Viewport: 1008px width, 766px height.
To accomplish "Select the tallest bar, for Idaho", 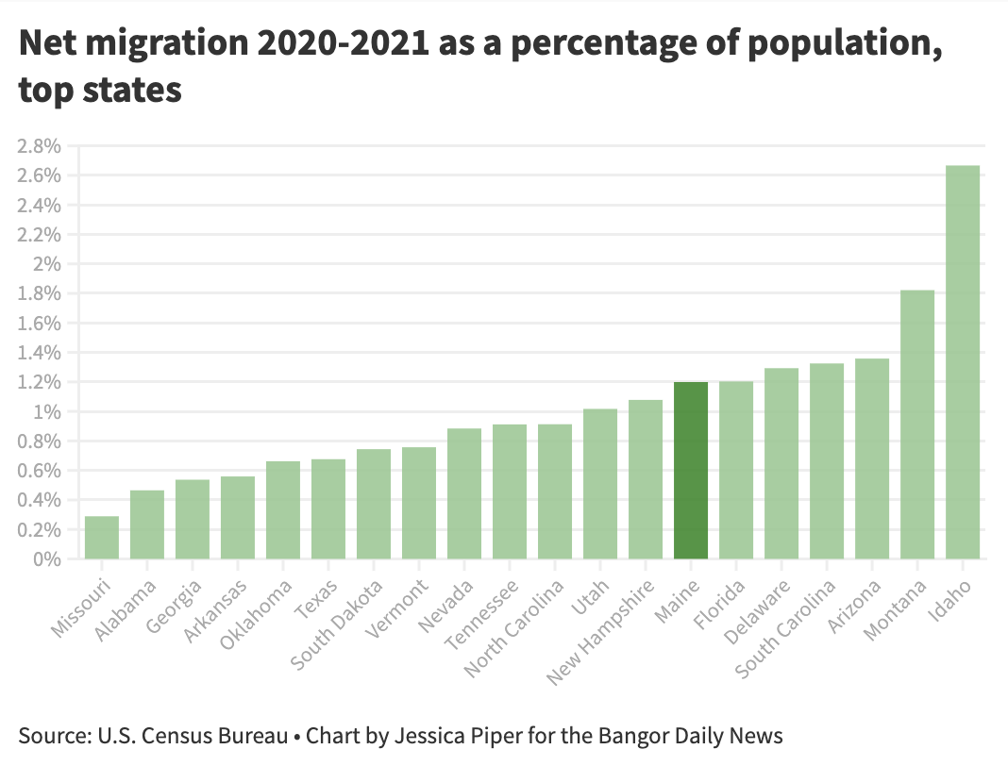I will pyautogui.click(x=963, y=362).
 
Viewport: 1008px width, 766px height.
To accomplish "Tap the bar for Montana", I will pyautogui.click(x=917, y=425).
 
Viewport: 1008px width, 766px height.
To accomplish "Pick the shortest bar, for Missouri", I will pyautogui.click(x=102, y=538).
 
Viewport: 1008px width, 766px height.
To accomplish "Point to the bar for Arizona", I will pyautogui.click(x=872, y=458).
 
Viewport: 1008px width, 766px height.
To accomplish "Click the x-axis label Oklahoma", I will pyautogui.click(x=258, y=612).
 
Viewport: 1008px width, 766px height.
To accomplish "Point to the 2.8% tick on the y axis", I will pyautogui.click(x=39, y=146).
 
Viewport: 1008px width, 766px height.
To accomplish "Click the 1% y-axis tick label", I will pyautogui.click(x=47, y=412).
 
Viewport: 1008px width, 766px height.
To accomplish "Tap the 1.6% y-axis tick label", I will pyautogui.click(x=39, y=324).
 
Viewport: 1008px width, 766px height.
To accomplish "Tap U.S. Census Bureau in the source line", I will pyautogui.click(x=188, y=735).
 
